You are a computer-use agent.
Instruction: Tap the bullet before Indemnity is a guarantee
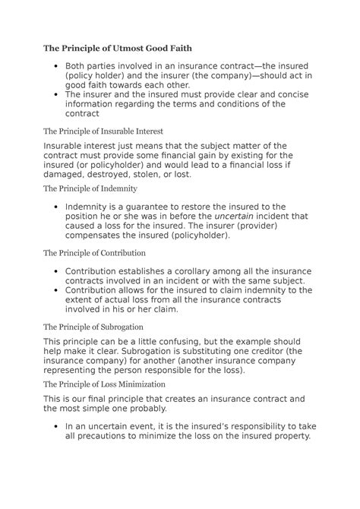click(x=57, y=206)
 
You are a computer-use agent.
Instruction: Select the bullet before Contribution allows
click(x=57, y=289)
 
